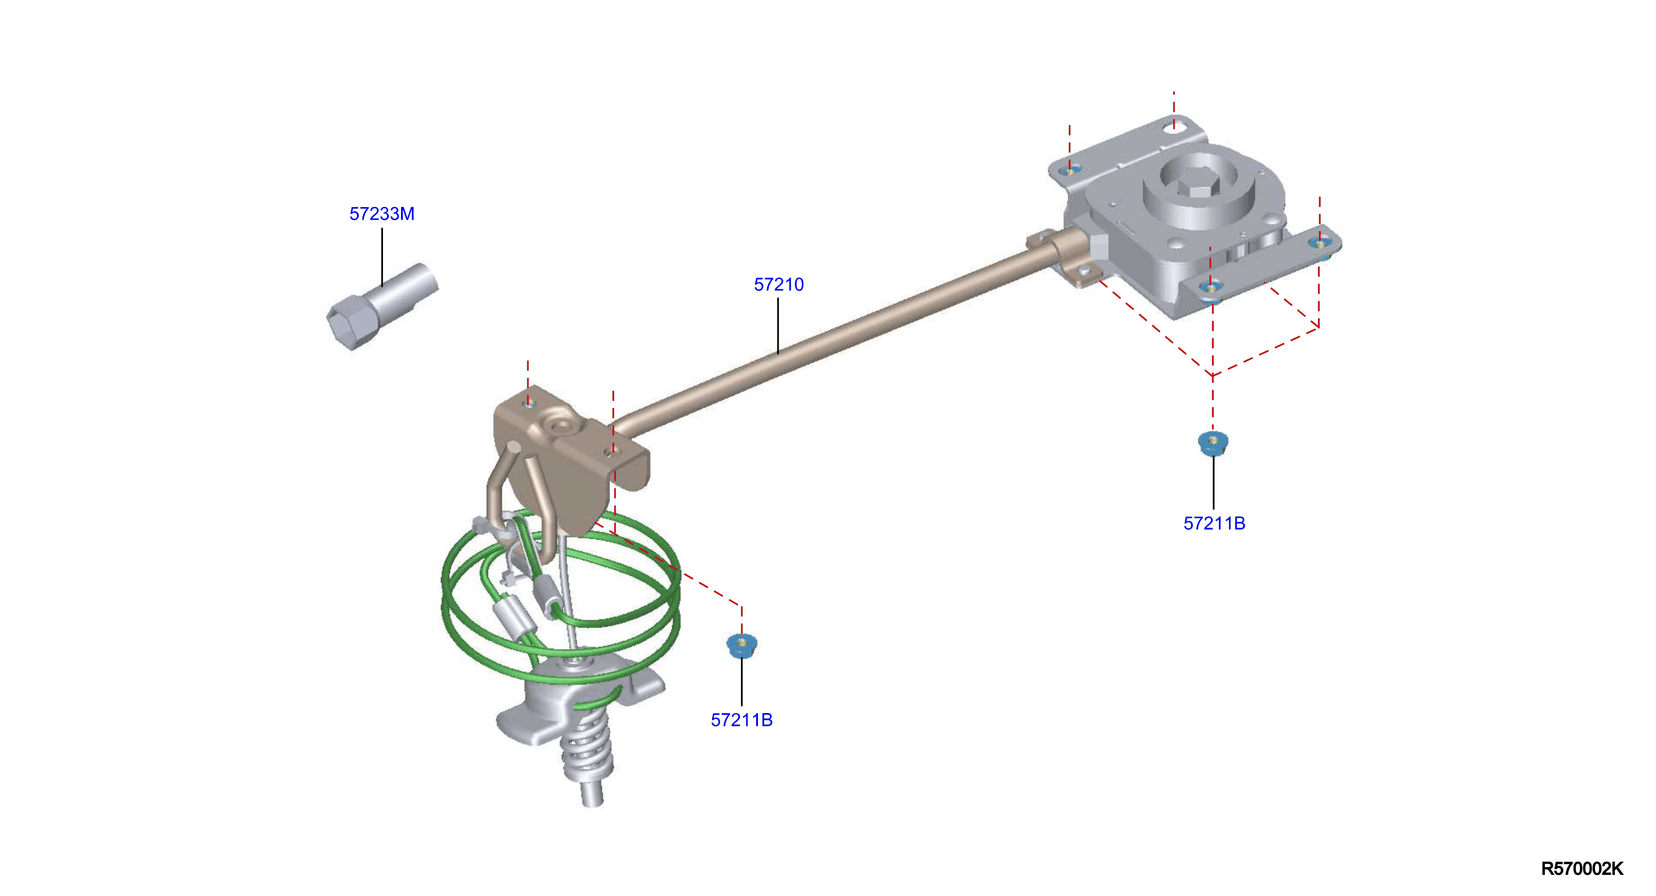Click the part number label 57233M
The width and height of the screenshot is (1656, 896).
coord(382,214)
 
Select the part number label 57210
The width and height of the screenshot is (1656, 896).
coord(778,285)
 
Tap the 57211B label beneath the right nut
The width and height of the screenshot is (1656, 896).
coord(1215,524)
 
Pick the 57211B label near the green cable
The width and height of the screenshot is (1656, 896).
coord(742,720)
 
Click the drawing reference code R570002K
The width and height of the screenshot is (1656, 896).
coord(1582,869)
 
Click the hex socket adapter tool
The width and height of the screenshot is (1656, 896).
coord(382,306)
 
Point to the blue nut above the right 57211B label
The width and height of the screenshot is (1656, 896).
coord(1213,444)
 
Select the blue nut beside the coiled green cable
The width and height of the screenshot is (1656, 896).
coord(742,645)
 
